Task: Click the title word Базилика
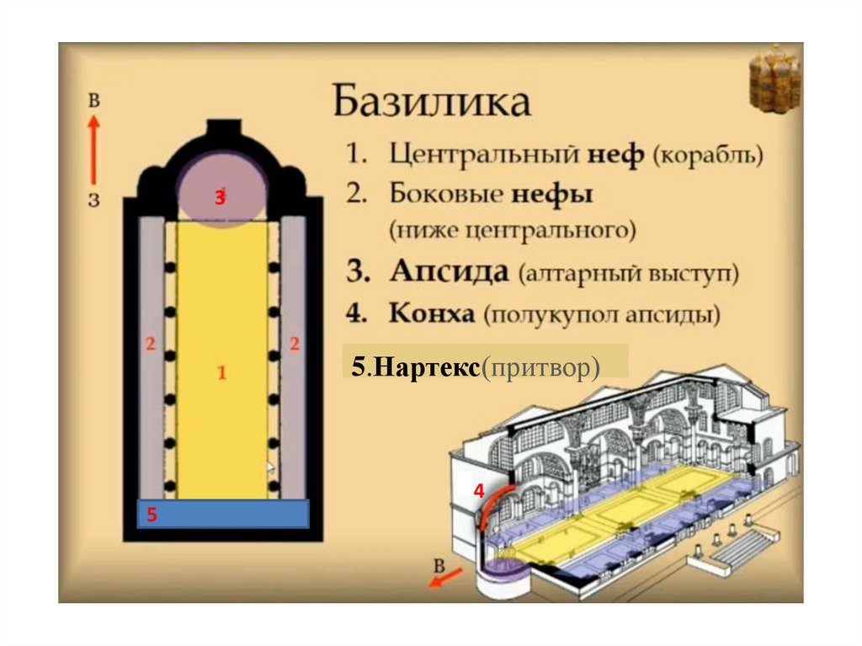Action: click(x=432, y=102)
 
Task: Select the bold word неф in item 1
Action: click(x=620, y=155)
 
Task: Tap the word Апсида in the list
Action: click(x=449, y=273)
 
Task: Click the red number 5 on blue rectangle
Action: click(x=152, y=514)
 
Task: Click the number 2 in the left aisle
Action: click(x=151, y=343)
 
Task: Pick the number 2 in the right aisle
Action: click(x=295, y=343)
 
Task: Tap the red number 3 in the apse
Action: click(x=220, y=198)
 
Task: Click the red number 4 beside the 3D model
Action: click(x=478, y=491)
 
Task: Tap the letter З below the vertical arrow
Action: click(x=94, y=200)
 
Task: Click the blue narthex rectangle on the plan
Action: click(x=224, y=513)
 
